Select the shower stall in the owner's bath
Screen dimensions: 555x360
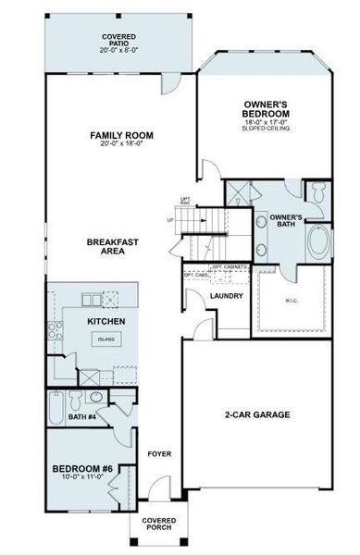click(242, 193)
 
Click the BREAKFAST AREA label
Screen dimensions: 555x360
click(113, 247)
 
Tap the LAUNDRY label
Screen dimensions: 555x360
click(226, 296)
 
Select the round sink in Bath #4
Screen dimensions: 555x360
click(95, 398)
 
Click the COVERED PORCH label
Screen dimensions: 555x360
click(158, 525)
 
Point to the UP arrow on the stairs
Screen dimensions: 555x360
click(171, 220)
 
